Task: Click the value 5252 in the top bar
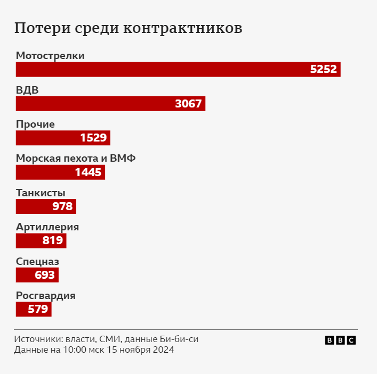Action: click(x=324, y=70)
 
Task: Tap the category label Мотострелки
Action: click(x=50, y=55)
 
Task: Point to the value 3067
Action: click(x=189, y=104)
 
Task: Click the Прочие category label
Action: click(x=35, y=124)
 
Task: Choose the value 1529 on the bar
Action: click(x=94, y=138)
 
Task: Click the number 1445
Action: click(x=89, y=172)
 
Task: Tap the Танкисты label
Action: click(x=41, y=193)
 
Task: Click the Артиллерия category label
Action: click(x=47, y=227)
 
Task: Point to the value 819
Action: click(x=53, y=241)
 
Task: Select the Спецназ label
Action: click(x=37, y=261)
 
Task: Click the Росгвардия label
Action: click(x=46, y=296)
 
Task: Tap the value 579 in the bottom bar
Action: click(x=38, y=309)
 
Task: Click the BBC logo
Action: click(x=340, y=340)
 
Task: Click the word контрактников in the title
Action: click(x=183, y=28)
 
